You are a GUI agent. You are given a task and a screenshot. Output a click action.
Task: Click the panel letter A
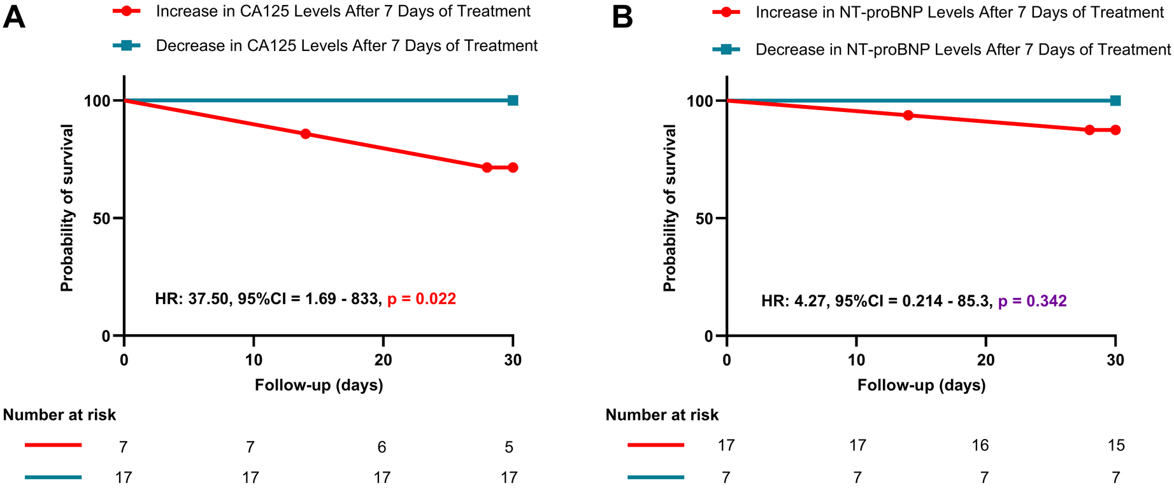click(14, 17)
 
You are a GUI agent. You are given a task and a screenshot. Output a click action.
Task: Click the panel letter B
click(622, 17)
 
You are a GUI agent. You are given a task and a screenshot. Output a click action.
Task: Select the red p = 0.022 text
click(422, 299)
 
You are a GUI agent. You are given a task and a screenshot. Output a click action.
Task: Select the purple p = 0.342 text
click(1032, 301)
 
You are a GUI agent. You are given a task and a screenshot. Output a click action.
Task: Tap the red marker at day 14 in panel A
click(305, 134)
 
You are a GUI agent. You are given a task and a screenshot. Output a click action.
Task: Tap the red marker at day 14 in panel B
click(908, 115)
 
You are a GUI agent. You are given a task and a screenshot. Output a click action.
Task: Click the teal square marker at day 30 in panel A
click(513, 101)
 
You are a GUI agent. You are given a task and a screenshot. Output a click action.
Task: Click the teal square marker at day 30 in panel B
click(1115, 101)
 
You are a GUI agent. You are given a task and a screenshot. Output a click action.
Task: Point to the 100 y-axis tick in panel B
click(698, 101)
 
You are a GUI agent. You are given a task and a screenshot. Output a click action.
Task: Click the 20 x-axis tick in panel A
click(383, 360)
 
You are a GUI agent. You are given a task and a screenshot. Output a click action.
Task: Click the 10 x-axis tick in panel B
click(856, 360)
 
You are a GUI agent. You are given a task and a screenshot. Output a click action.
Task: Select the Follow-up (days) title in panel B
click(921, 385)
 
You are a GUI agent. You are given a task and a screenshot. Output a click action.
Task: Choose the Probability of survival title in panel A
click(67, 208)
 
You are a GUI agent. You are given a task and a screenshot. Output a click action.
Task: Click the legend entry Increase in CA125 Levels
click(343, 11)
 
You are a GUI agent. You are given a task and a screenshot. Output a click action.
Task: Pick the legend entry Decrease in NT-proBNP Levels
click(963, 50)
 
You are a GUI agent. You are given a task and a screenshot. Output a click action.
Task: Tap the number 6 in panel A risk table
click(382, 447)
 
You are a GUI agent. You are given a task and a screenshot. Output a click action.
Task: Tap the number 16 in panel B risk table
click(980, 445)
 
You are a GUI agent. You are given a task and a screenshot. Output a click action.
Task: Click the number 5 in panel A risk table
click(509, 447)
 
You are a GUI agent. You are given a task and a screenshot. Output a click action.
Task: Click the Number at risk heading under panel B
click(662, 415)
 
